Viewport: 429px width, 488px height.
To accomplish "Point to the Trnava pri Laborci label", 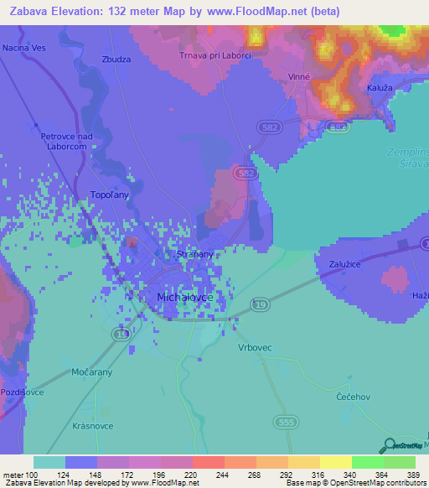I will pyautogui.click(x=215, y=55).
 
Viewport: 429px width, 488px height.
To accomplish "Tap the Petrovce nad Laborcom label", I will pyautogui.click(x=65, y=140).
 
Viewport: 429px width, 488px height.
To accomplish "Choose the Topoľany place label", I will pyautogui.click(x=108, y=195).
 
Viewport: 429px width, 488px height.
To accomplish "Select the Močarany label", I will pyautogui.click(x=92, y=371).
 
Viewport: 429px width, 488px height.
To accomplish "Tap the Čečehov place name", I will pyautogui.click(x=350, y=395).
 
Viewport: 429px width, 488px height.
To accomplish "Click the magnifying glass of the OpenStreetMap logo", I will pyautogui.click(x=387, y=445).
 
